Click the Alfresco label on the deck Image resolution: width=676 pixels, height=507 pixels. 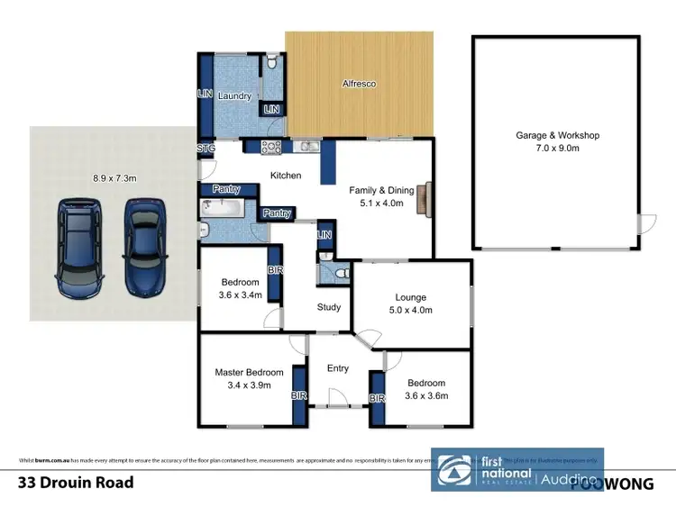[359, 84]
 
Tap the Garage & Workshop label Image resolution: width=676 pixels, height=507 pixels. [557, 135]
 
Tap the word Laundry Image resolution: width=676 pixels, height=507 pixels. [233, 96]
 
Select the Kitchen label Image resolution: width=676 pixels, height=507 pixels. [286, 176]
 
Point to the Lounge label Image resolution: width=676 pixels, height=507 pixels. [410, 297]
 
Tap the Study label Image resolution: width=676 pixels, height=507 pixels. [329, 307]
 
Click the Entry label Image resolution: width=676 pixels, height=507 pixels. [338, 367]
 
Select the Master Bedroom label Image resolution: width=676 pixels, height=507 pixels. [249, 372]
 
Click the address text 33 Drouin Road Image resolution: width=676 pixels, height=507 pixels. [77, 483]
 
